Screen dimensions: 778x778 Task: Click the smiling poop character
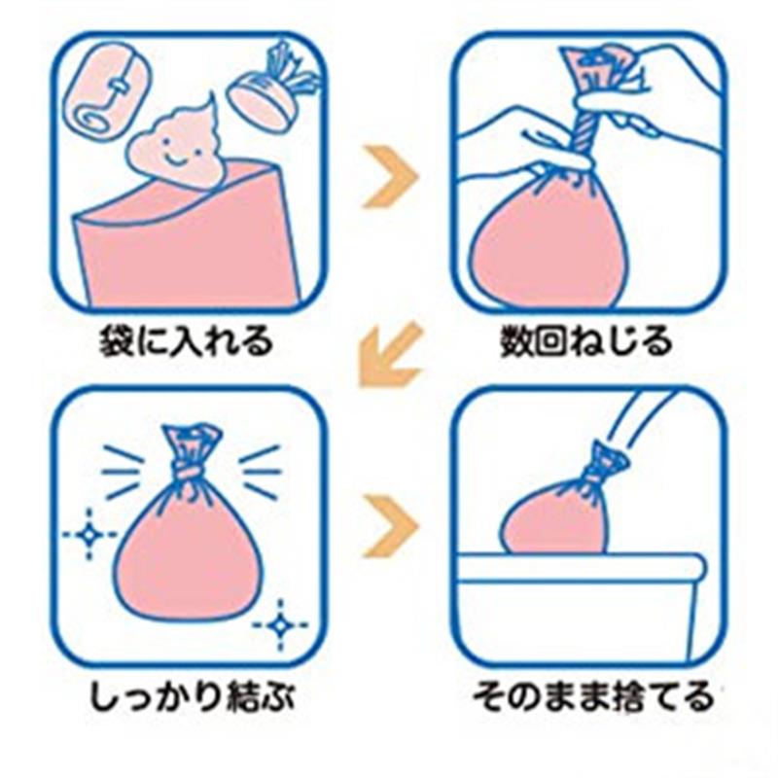point(176,149)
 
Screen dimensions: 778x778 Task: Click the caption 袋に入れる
point(186,342)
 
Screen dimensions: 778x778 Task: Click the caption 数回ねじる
point(586,342)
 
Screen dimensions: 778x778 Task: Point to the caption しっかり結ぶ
point(192,696)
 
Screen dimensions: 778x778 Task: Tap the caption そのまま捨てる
point(592,696)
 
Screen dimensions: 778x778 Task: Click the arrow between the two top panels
point(390,177)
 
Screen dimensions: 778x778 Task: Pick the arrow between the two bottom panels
point(390,526)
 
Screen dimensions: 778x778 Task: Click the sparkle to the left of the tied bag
point(89,534)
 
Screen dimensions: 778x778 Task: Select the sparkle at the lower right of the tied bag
point(281,624)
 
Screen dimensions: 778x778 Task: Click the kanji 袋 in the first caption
point(116,342)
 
